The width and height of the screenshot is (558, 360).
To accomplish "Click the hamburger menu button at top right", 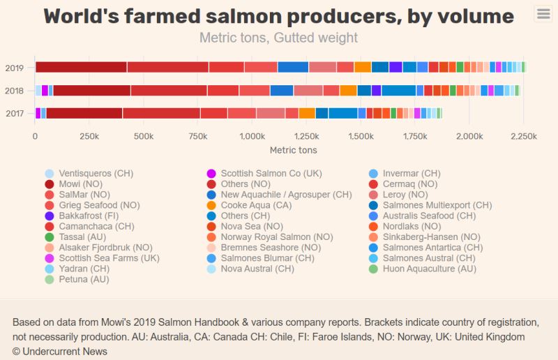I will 543,13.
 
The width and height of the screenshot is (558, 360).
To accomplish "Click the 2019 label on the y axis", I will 15,68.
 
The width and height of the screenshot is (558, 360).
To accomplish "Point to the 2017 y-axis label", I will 15,114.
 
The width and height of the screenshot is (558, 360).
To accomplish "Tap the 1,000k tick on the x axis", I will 252,137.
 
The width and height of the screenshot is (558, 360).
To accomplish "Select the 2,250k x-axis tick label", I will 522,137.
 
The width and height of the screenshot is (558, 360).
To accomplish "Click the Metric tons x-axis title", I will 293,150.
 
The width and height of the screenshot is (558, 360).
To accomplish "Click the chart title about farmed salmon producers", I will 279,16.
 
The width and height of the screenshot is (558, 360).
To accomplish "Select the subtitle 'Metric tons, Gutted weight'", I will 279,38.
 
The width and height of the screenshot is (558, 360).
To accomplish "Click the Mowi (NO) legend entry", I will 81,184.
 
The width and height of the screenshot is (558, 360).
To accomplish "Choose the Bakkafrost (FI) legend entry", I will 89,216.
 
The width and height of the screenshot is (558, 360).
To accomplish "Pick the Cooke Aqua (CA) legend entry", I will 255,205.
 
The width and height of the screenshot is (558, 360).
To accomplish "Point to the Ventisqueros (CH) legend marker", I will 49,174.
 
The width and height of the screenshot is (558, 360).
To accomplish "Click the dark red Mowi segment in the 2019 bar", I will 81,67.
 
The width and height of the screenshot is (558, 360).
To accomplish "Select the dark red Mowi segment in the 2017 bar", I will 84,113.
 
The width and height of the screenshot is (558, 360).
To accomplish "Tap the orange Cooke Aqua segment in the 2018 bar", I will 348,91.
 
